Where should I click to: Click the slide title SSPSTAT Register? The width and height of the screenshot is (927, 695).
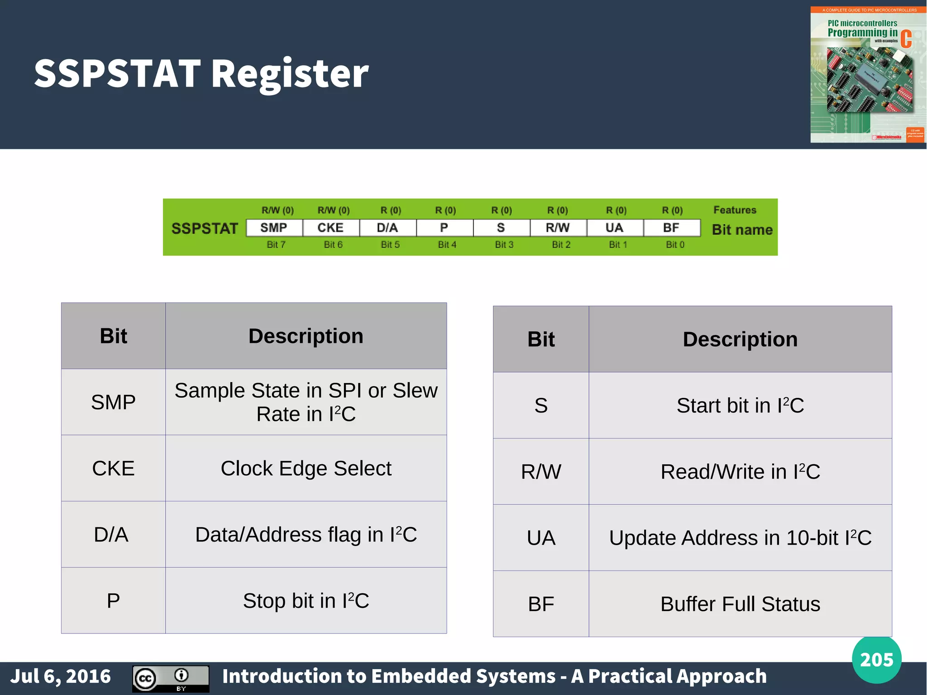201,73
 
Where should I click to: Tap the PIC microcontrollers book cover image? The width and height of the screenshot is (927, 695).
867,75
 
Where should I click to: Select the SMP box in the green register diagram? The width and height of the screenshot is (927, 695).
274,228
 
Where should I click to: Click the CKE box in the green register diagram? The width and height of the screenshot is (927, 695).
330,228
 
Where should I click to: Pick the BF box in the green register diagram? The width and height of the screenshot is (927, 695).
671,228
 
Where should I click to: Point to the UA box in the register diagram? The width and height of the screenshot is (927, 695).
614,228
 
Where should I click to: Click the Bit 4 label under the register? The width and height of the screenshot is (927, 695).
447,244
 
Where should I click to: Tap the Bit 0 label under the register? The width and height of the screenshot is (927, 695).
675,244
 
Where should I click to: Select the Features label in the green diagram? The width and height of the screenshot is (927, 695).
735,210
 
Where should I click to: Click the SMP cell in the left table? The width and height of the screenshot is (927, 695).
113,402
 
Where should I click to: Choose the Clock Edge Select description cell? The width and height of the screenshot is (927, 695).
306,468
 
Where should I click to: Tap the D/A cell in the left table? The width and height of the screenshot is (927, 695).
111,534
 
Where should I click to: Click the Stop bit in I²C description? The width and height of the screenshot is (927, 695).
306,601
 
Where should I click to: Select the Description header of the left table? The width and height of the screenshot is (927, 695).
306,336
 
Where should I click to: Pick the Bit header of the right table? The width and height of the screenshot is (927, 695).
541,339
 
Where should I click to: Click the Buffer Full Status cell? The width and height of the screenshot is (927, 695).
740,604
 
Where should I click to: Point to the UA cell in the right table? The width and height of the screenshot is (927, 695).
541,538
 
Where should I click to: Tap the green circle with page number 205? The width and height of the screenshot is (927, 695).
876,660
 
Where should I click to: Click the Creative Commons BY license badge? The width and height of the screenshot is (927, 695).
171,679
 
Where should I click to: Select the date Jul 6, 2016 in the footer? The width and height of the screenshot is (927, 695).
61,676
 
